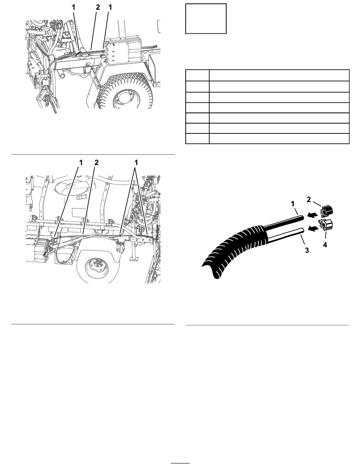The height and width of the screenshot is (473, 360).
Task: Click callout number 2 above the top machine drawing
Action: (98, 7)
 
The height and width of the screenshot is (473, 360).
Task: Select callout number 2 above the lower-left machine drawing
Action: (96, 163)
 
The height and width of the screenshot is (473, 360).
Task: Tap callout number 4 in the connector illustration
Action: (325, 245)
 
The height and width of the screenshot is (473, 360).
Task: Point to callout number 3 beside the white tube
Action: (307, 250)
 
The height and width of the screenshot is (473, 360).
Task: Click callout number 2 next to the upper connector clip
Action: (309, 200)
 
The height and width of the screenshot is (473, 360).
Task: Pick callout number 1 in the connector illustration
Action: (293, 204)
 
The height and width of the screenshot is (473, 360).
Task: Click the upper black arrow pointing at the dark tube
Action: (313, 215)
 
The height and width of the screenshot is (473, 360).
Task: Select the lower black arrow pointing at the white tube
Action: (313, 229)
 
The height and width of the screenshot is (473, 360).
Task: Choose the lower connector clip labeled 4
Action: (326, 225)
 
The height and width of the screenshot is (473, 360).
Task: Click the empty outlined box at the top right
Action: (206, 19)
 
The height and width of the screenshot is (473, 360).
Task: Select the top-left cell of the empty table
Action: (197, 75)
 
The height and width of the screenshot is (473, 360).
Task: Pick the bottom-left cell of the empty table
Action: (197, 138)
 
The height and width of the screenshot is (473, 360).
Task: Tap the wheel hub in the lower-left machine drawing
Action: (97, 268)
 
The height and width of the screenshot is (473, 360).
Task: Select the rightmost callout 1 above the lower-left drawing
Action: (136, 163)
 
